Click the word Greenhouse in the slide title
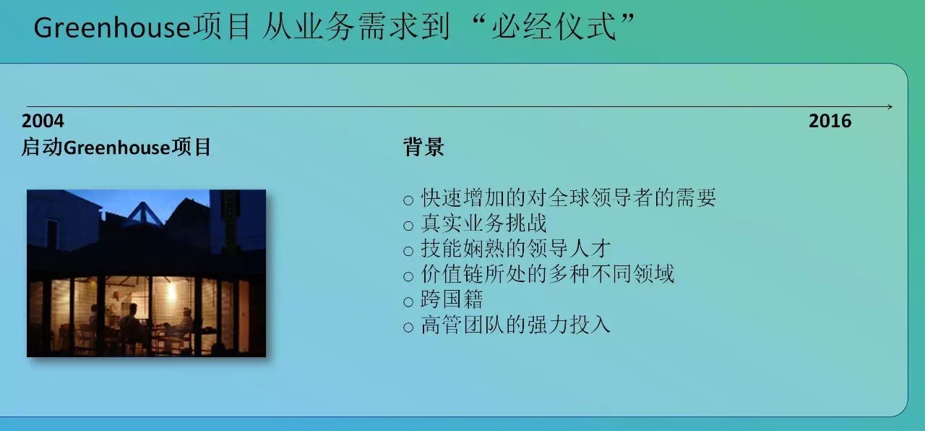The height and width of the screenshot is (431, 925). click(111, 28)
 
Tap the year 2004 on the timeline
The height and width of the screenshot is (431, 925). click(43, 121)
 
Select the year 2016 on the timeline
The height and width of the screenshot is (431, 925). click(830, 121)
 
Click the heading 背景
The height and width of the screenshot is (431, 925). click(423, 147)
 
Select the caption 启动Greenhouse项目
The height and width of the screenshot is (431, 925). click(116, 147)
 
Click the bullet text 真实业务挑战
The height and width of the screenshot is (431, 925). click(483, 223)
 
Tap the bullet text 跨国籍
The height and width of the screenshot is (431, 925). click(452, 299)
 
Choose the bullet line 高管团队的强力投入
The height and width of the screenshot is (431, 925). click(515, 325)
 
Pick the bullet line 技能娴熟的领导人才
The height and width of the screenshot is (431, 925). click(515, 249)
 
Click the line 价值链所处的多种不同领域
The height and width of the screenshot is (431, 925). click(547, 274)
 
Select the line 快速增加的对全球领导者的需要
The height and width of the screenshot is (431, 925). click(568, 198)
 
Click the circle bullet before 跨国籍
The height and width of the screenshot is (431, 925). click(408, 302)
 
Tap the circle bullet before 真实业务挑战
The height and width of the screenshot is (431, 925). click(408, 226)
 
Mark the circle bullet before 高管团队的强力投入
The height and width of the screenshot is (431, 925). click(408, 328)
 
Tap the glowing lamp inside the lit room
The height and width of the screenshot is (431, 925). click(171, 291)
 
